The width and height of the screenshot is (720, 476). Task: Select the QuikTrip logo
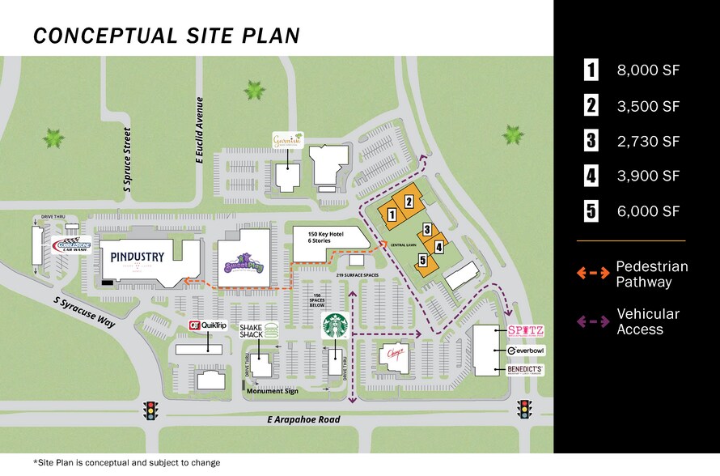click(x=206, y=325)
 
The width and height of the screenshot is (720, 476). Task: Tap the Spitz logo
click(x=525, y=330)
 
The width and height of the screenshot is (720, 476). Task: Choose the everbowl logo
click(x=525, y=351)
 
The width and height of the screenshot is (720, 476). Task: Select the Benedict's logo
click(x=525, y=370)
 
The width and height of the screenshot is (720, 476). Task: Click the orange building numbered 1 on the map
click(x=392, y=215)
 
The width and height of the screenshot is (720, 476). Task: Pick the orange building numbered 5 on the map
click(x=423, y=260)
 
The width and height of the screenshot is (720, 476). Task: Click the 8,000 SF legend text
click(x=648, y=70)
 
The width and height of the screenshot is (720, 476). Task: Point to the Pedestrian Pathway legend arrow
click(x=593, y=273)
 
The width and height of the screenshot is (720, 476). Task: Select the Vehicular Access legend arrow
click(x=593, y=321)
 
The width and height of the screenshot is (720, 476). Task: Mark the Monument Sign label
click(x=273, y=391)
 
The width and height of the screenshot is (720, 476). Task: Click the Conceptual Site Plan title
click(x=167, y=36)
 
